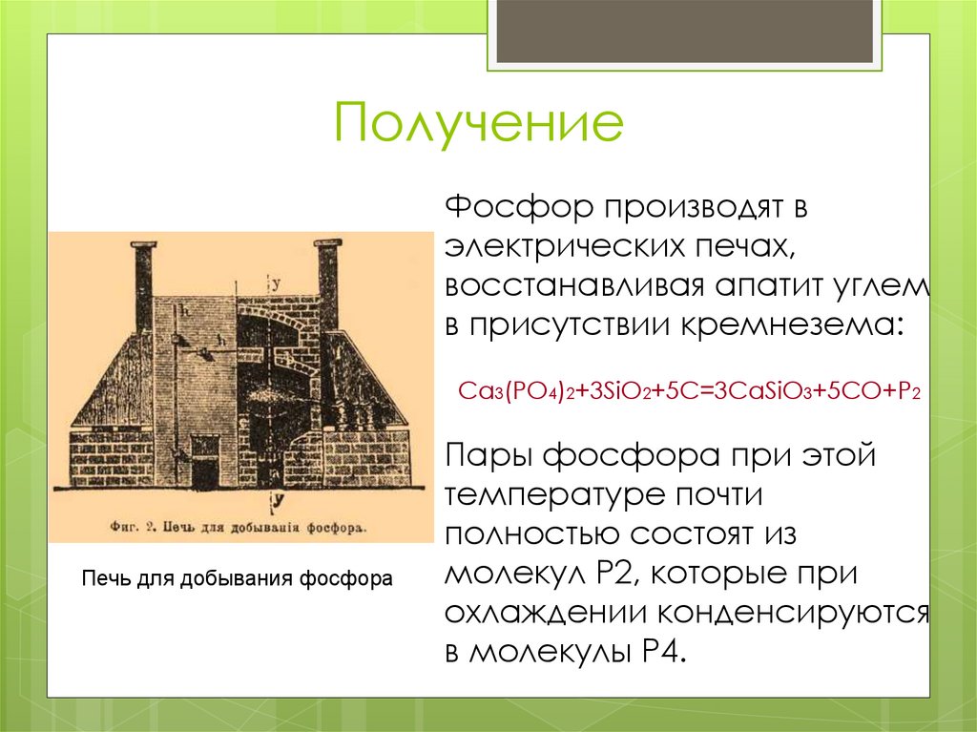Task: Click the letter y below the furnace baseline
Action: point(275,499)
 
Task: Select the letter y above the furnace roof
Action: point(276,283)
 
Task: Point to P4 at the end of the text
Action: point(658,654)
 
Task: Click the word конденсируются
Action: point(792,614)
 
